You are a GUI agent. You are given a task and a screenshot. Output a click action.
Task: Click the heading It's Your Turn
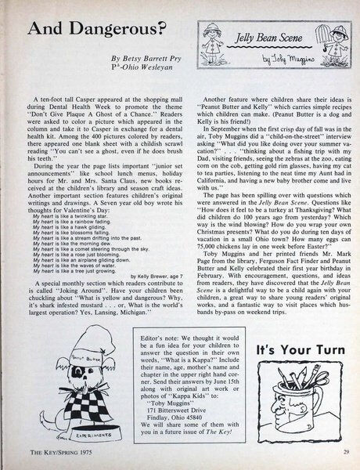tap(294, 327)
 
